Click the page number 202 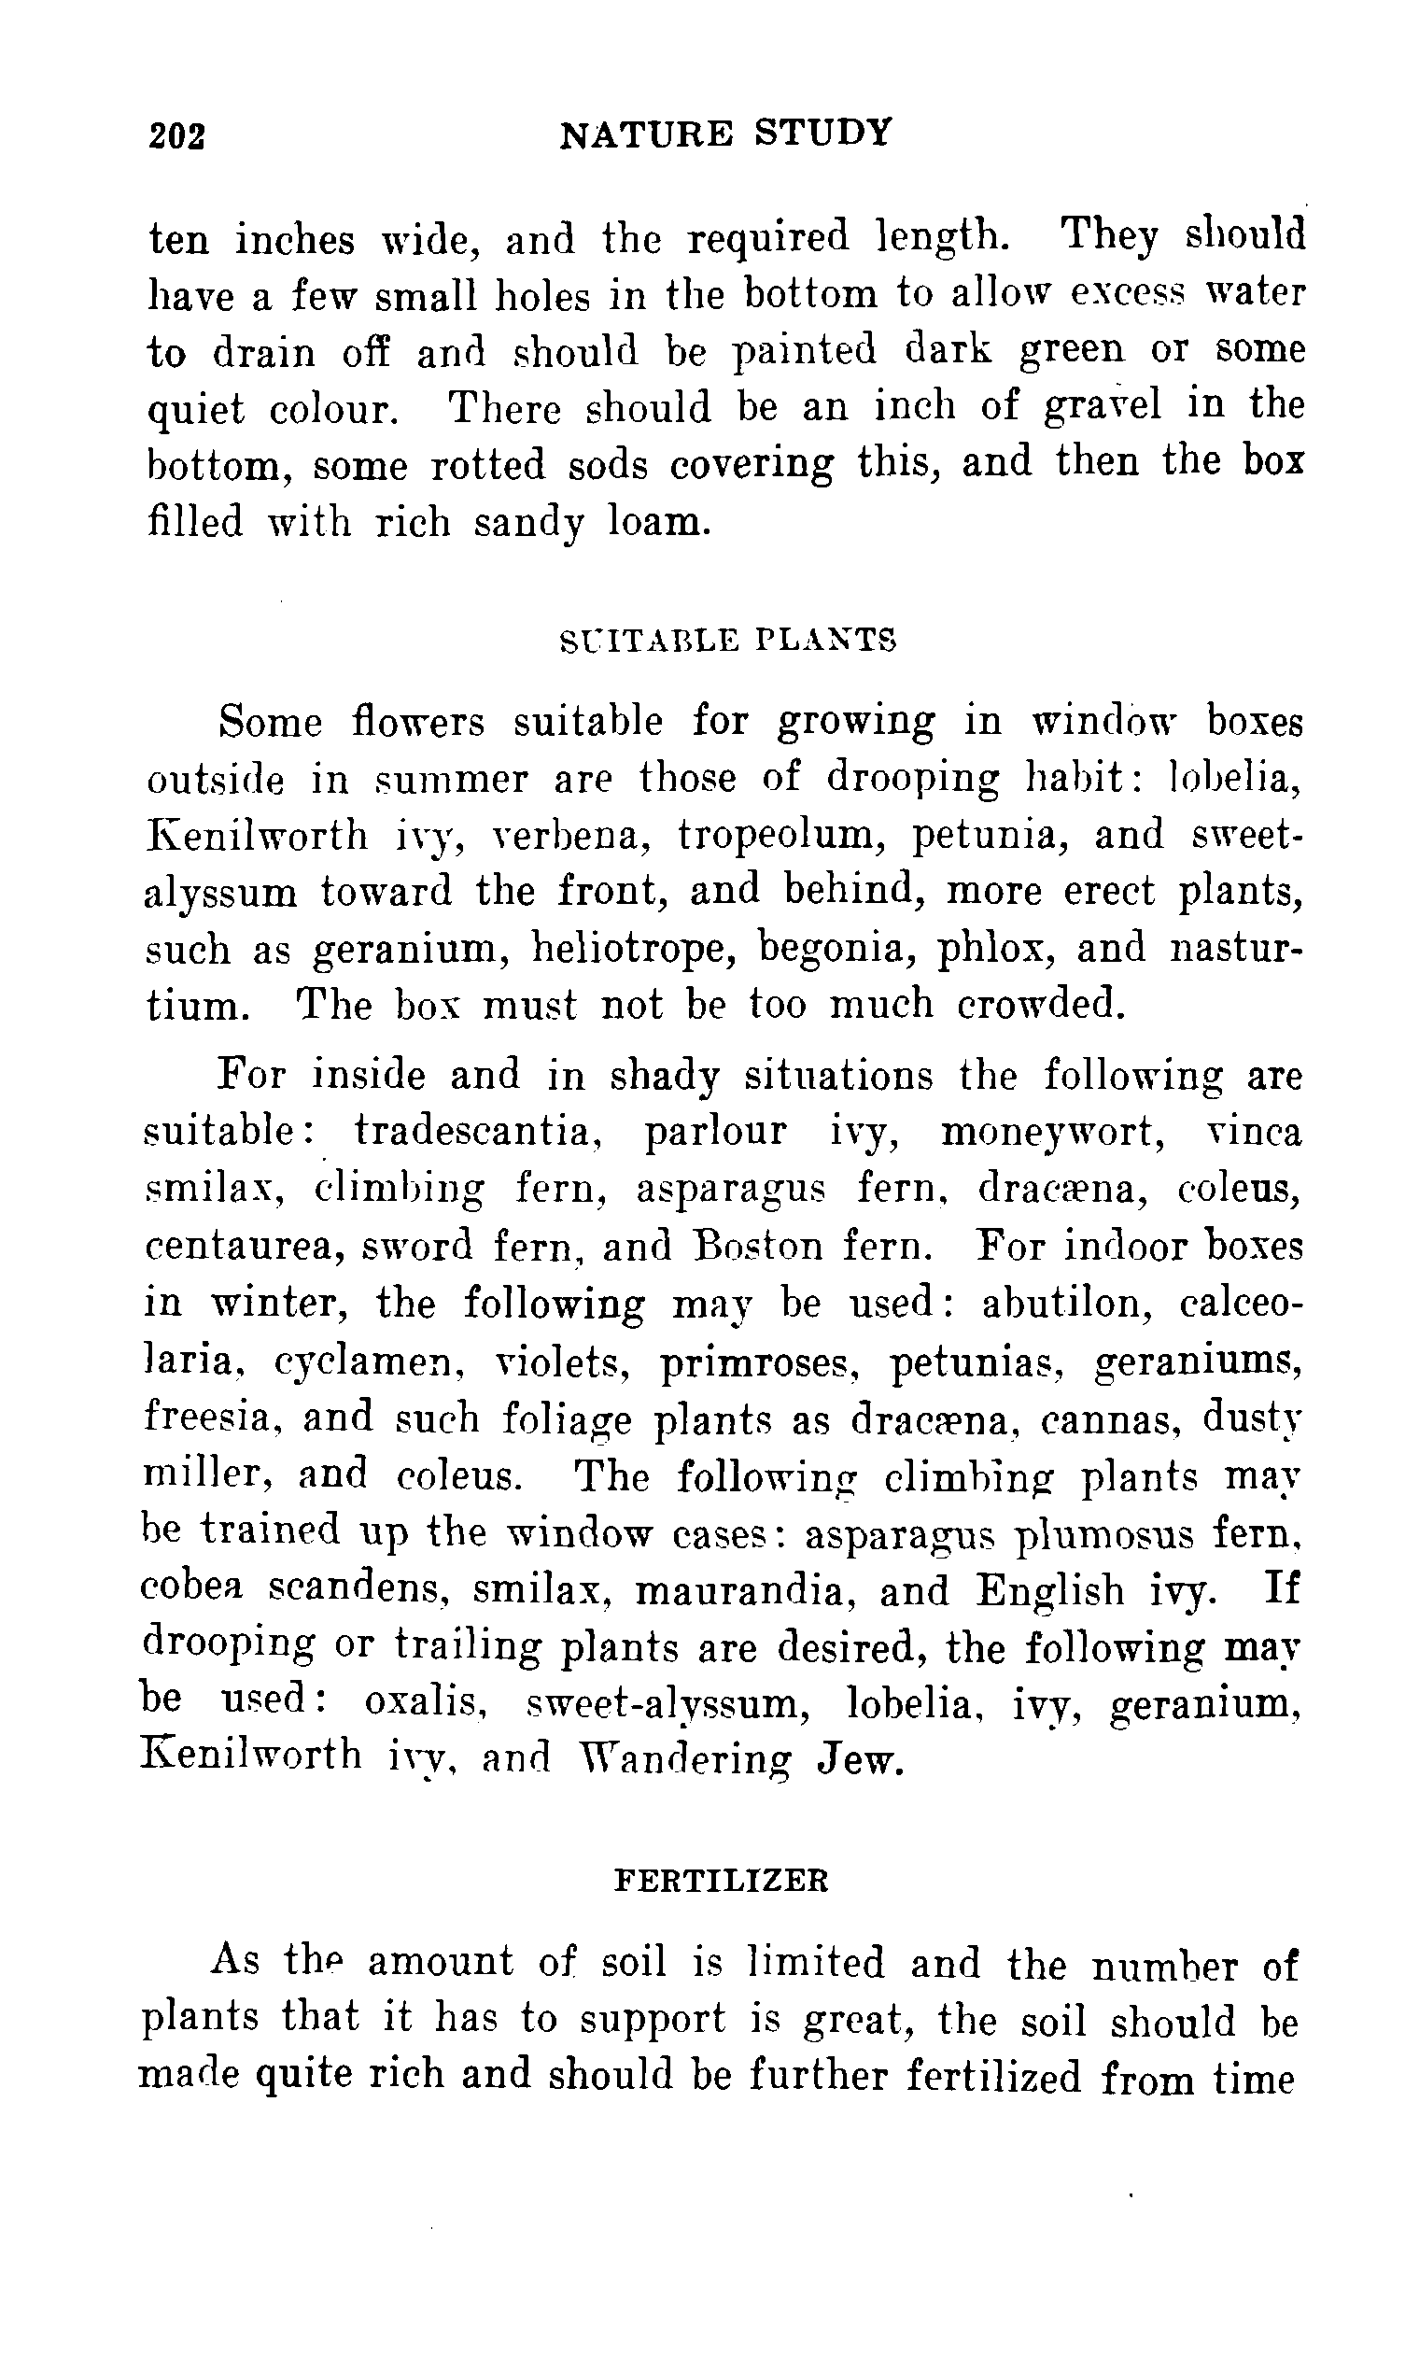click(x=177, y=136)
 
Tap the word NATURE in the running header click(x=646, y=134)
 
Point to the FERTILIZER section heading click(x=722, y=1881)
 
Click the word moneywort click(x=1052, y=1133)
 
